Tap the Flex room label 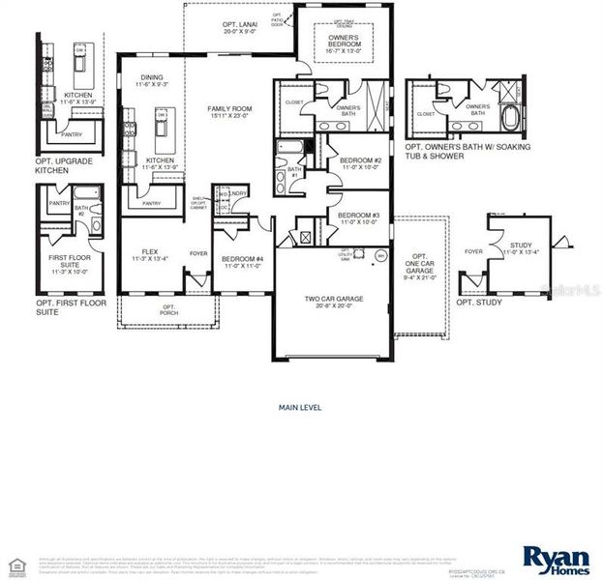coord(149,255)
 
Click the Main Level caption coord(300,407)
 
